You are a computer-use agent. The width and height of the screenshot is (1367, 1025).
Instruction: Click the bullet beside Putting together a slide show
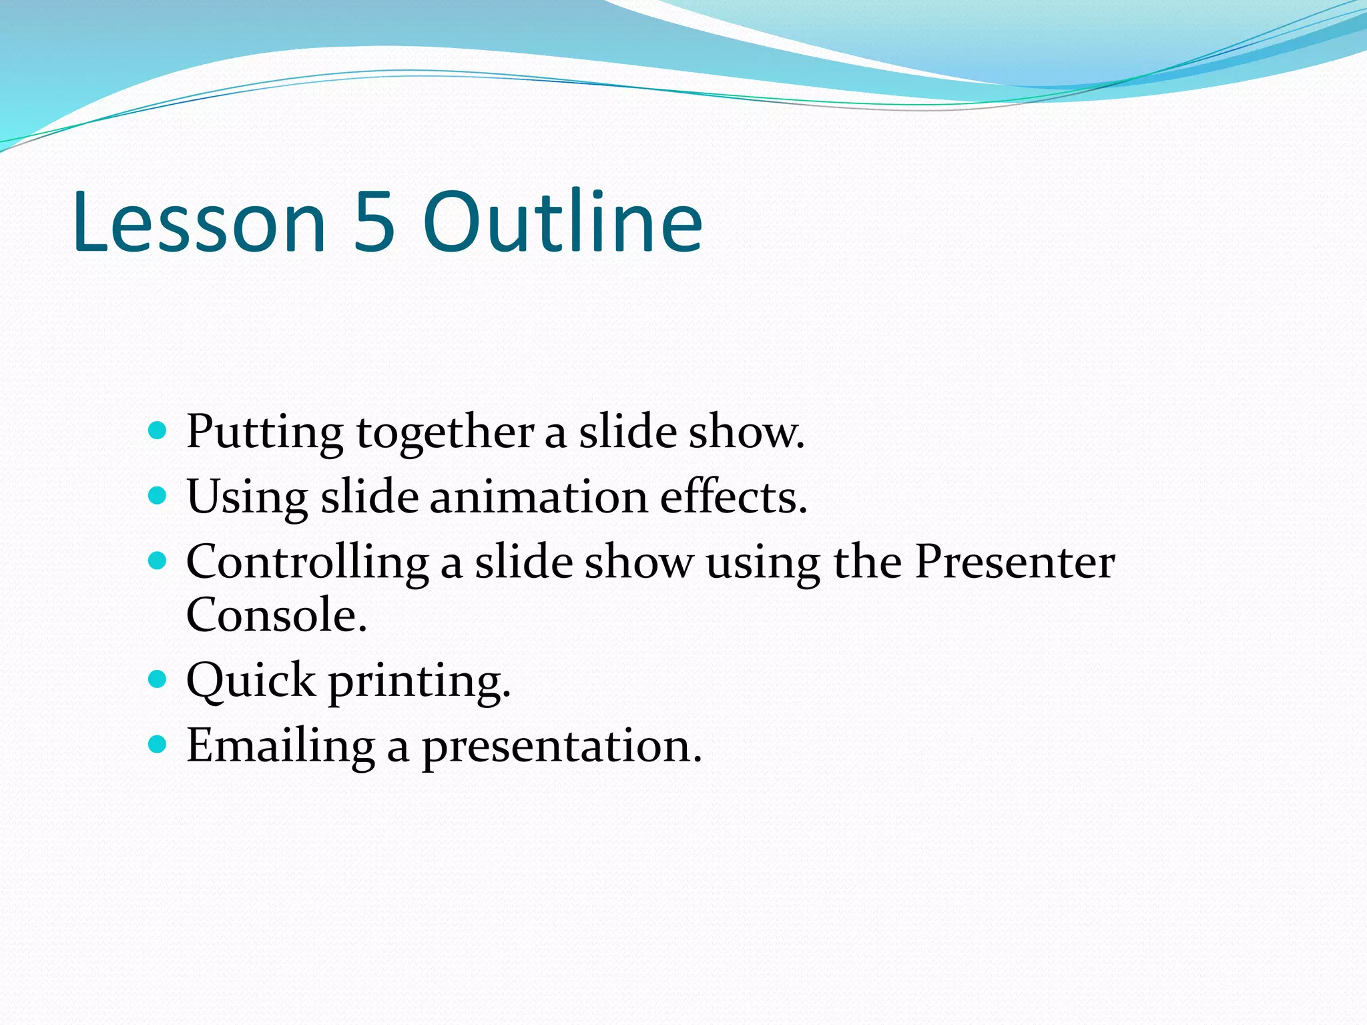(x=158, y=431)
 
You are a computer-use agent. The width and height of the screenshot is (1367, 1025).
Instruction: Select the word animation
(x=539, y=498)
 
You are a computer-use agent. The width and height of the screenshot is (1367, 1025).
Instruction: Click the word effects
(x=733, y=498)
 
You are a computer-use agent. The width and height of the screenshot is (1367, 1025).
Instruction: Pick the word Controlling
(x=307, y=563)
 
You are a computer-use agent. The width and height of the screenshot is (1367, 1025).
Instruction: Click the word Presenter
(x=1014, y=562)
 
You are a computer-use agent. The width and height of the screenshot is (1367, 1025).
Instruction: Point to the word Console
(x=276, y=615)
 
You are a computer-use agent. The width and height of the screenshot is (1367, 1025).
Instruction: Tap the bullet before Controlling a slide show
(x=158, y=561)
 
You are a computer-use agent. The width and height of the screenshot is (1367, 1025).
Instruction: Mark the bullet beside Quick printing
(x=158, y=680)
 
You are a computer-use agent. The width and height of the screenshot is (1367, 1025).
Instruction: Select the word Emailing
(x=280, y=746)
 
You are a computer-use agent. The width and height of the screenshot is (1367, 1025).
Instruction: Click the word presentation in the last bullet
(x=561, y=747)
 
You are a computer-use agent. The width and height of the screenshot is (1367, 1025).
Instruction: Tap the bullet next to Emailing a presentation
(x=158, y=745)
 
